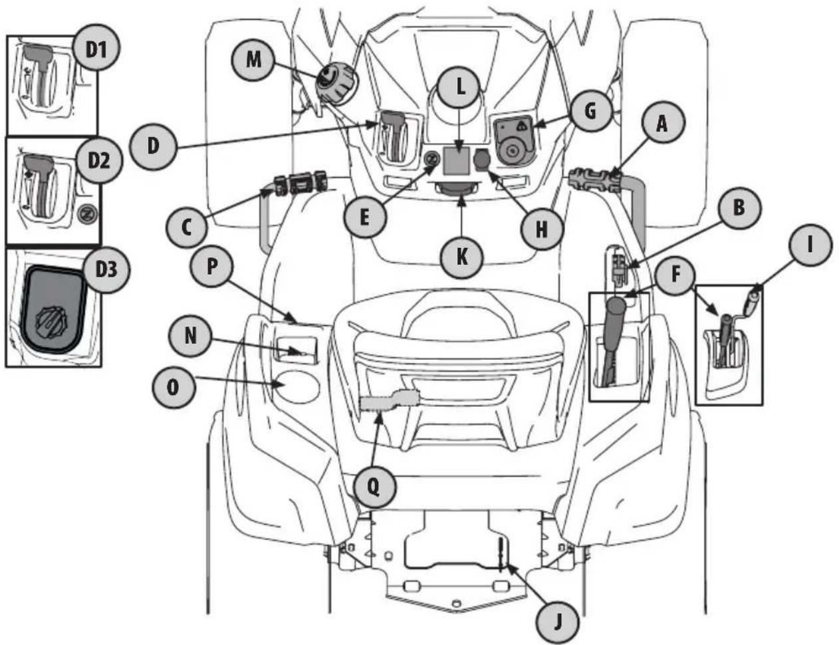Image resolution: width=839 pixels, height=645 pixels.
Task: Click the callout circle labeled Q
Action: (374, 487)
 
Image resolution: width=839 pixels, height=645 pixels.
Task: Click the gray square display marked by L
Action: (457, 158)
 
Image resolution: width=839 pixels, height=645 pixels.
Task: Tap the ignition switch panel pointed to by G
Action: (514, 138)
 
